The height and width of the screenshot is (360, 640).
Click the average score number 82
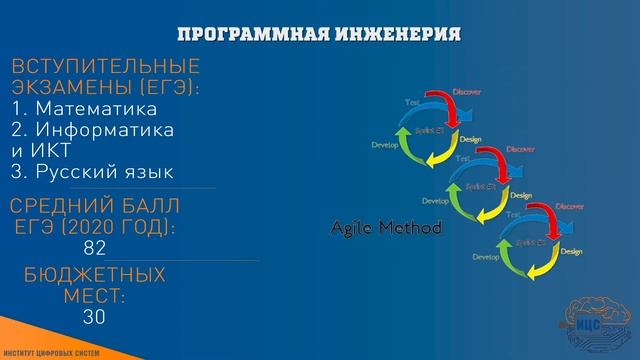[x=96, y=248]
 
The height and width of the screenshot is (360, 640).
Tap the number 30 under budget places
[x=96, y=317]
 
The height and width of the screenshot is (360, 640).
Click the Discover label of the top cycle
[x=467, y=92]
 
